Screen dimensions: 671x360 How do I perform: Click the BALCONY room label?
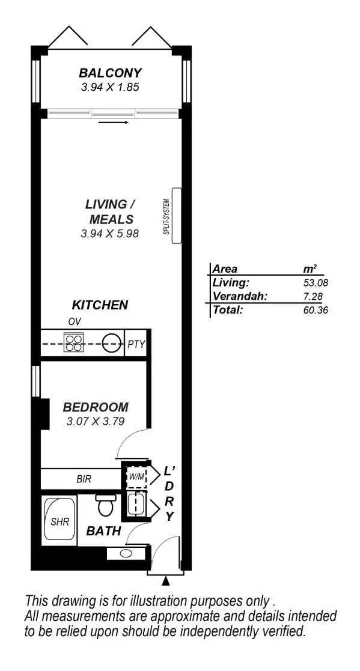pyautogui.click(x=110, y=73)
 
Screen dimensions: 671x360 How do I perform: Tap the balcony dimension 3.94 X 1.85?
pyautogui.click(x=110, y=87)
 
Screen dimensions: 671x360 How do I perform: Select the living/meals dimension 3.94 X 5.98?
pyautogui.click(x=110, y=233)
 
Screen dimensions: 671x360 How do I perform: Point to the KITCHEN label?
pyautogui.click(x=100, y=305)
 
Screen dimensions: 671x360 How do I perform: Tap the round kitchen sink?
pyautogui.click(x=111, y=344)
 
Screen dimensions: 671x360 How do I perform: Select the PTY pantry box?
pyautogui.click(x=136, y=344)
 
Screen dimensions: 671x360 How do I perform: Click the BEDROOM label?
pyautogui.click(x=96, y=407)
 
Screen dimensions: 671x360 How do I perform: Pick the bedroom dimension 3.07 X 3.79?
pyautogui.click(x=96, y=421)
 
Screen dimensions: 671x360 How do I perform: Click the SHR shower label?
pyautogui.click(x=59, y=521)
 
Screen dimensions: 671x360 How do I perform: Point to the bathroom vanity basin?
pyautogui.click(x=126, y=553)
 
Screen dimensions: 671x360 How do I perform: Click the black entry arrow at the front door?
pyautogui.click(x=166, y=581)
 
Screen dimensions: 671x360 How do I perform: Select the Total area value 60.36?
pyautogui.click(x=316, y=311)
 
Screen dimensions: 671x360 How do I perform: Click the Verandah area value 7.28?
pyautogui.click(x=317, y=296)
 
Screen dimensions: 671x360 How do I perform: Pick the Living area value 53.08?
pyautogui.click(x=316, y=282)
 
